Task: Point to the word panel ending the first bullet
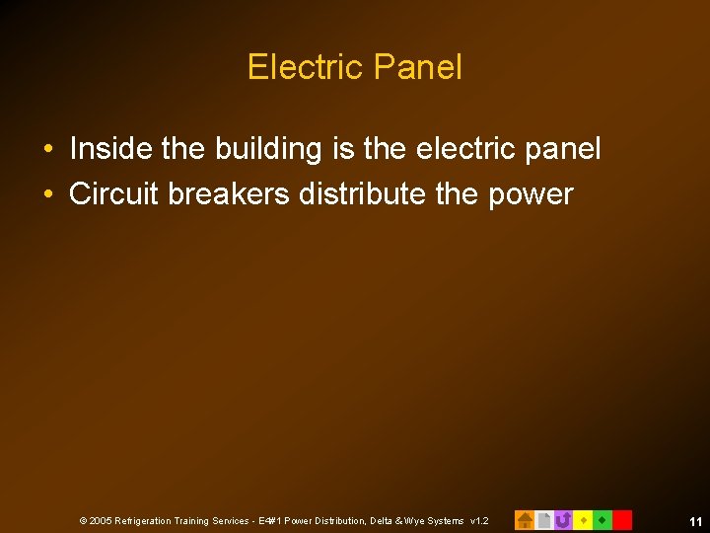(561, 150)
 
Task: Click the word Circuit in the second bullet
(114, 193)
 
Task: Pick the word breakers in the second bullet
(229, 193)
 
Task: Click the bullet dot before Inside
(47, 150)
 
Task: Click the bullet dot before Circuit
(47, 194)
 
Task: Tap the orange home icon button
(525, 519)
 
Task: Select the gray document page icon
(543, 519)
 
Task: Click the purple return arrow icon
(563, 519)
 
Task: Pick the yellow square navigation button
(583, 519)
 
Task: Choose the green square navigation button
(603, 519)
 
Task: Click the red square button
(622, 519)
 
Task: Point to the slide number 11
(695, 520)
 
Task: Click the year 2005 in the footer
(101, 520)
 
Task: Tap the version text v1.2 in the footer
(479, 520)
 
